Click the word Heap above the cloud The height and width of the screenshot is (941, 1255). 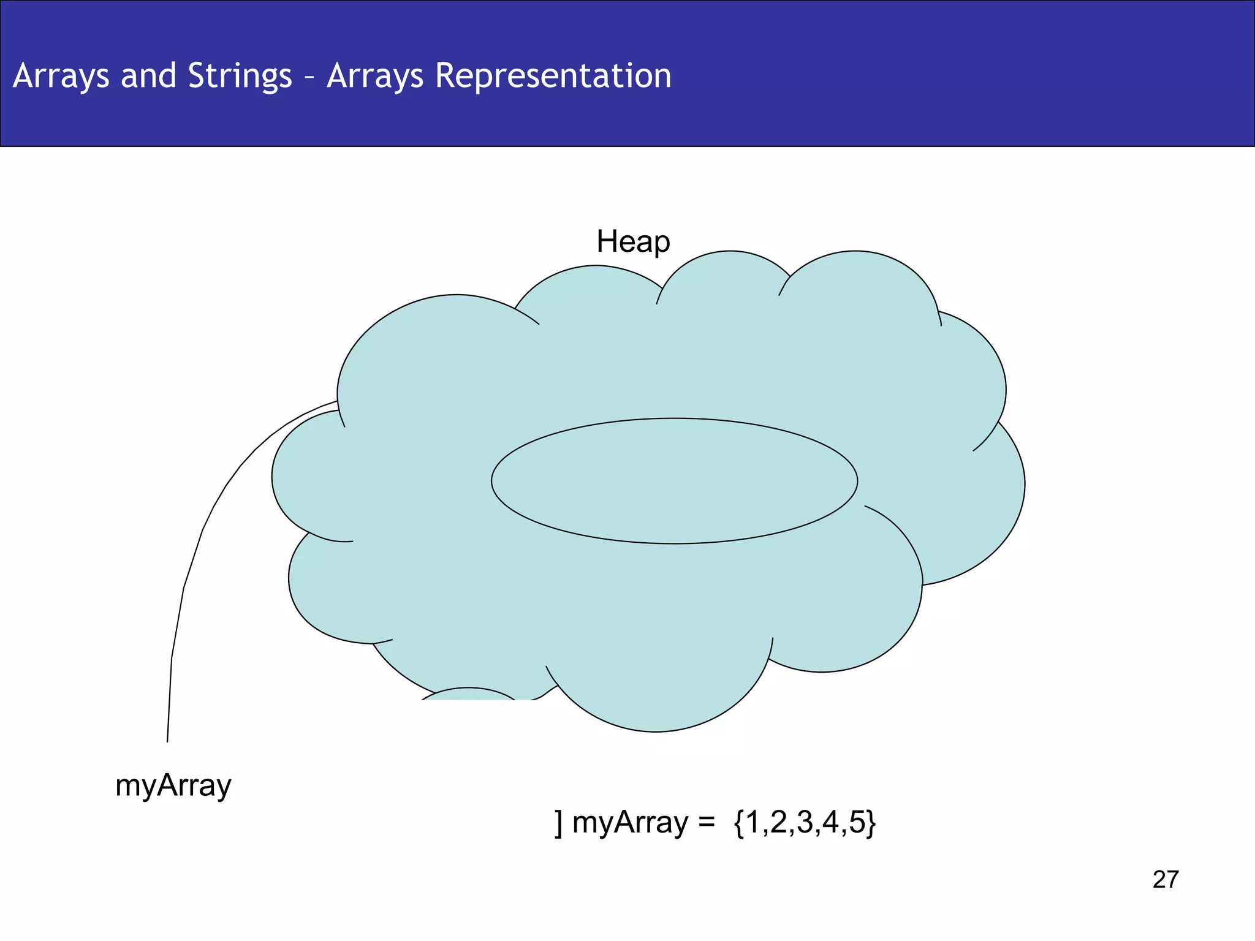(633, 241)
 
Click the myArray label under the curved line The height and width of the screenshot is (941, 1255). (173, 785)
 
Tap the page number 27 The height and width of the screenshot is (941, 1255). (1165, 879)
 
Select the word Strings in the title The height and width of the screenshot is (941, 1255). (240, 77)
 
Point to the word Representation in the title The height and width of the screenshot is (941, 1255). (553, 77)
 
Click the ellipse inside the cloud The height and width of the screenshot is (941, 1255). (674, 481)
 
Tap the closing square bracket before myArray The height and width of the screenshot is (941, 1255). (558, 823)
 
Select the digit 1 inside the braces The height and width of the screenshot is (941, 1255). (753, 822)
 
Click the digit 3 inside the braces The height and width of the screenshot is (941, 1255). (805, 822)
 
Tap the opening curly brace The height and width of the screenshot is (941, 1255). (739, 823)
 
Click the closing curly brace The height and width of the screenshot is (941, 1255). (871, 823)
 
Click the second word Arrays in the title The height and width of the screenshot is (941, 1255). (374, 77)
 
